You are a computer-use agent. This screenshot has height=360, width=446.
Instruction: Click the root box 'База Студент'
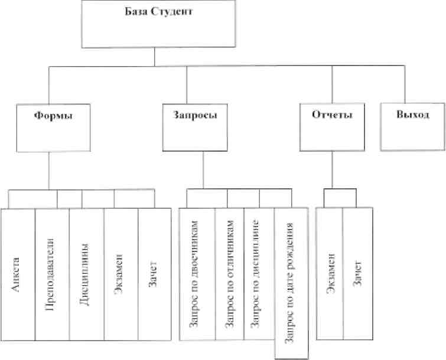click(x=158, y=24)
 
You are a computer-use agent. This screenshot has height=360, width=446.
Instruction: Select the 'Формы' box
click(x=54, y=128)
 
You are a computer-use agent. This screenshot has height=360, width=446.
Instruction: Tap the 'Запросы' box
click(x=195, y=127)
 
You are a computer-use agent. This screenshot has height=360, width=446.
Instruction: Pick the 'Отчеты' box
click(x=332, y=127)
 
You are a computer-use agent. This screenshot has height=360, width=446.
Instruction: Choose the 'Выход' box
click(x=413, y=127)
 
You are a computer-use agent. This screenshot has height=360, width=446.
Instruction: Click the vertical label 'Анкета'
click(x=15, y=275)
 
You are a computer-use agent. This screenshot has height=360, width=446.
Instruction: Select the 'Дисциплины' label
click(x=84, y=274)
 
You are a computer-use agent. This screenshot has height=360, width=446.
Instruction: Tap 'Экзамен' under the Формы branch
click(x=119, y=274)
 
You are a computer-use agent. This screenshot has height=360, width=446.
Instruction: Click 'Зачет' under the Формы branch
click(x=152, y=274)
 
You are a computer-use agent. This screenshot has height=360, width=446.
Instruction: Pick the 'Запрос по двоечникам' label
click(x=194, y=274)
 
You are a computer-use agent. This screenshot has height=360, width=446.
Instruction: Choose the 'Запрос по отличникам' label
click(x=230, y=274)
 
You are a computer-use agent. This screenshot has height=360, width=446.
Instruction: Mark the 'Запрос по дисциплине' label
click(x=255, y=274)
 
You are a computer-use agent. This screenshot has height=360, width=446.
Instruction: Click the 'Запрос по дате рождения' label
click(x=289, y=283)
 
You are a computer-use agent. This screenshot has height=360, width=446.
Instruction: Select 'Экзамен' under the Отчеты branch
click(x=331, y=273)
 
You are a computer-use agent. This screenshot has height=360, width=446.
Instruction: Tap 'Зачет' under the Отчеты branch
click(x=357, y=273)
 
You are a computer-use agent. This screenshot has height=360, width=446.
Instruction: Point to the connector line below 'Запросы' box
click(x=203, y=170)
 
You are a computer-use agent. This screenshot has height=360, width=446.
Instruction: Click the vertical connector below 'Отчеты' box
click(x=332, y=169)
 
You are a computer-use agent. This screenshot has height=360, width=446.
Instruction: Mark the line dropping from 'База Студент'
click(x=154, y=57)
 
